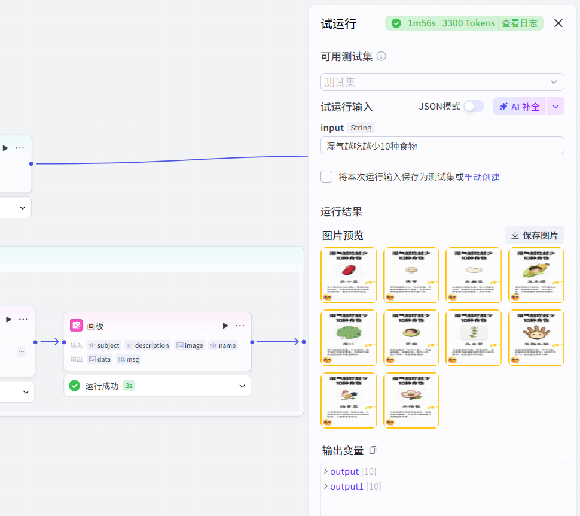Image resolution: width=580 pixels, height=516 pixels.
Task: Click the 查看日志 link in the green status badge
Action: pyautogui.click(x=519, y=23)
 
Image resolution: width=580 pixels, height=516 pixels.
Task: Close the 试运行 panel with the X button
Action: pyautogui.click(x=558, y=23)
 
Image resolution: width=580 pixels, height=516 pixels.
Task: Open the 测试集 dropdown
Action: pyautogui.click(x=442, y=82)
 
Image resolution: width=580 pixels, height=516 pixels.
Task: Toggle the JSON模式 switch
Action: pyautogui.click(x=474, y=106)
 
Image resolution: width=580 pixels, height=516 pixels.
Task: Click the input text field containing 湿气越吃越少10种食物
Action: pyautogui.click(x=442, y=145)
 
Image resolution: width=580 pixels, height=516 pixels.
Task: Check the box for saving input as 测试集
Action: pyautogui.click(x=326, y=177)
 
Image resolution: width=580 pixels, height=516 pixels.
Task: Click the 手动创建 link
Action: pyautogui.click(x=482, y=177)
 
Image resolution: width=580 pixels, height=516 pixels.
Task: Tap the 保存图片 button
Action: pyautogui.click(x=534, y=235)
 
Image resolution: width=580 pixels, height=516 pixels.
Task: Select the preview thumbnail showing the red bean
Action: pyautogui.click(x=349, y=275)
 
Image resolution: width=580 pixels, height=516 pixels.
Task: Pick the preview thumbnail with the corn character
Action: pyautogui.click(x=536, y=275)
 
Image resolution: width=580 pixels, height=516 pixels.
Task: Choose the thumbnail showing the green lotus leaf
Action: pyautogui.click(x=349, y=338)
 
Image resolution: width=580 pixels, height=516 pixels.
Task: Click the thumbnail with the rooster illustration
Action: pyautogui.click(x=349, y=400)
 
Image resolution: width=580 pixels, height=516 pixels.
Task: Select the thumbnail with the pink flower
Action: pyautogui.click(x=411, y=400)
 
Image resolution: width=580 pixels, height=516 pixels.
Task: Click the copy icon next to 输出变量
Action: pyautogui.click(x=373, y=450)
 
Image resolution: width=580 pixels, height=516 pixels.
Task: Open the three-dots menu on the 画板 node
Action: pyautogui.click(x=240, y=326)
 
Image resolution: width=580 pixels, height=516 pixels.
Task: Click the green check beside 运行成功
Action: pyautogui.click(x=74, y=386)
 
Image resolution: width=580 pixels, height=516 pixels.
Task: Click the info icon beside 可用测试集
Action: pyautogui.click(x=381, y=56)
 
